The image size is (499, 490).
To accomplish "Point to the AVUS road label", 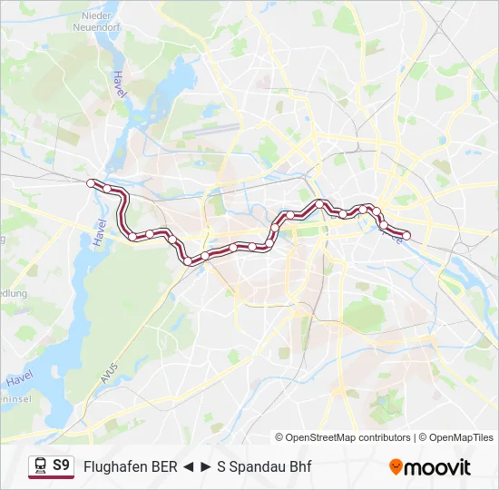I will (x=110, y=367).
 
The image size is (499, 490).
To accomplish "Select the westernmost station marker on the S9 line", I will (x=91, y=183).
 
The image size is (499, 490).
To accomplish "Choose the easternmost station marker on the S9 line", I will (x=406, y=236).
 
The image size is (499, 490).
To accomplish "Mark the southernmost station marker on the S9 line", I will (x=188, y=261).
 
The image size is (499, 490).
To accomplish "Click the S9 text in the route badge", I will (x=61, y=465).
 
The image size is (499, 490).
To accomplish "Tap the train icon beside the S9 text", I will (x=41, y=466).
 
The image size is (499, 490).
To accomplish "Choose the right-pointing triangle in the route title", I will (x=206, y=467).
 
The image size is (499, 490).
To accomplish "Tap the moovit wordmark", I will (x=437, y=467).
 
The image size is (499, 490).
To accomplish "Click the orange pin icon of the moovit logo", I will (x=396, y=467).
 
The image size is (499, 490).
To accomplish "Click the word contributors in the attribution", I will (x=386, y=437).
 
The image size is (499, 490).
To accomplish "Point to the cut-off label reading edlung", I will (x=13, y=294).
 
